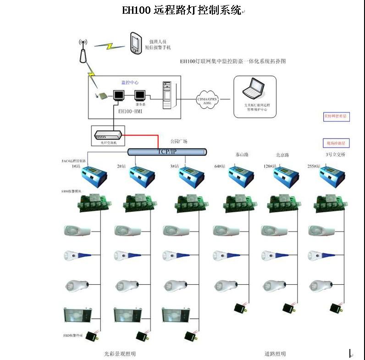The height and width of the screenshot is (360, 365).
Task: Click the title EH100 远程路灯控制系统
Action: click(x=182, y=10)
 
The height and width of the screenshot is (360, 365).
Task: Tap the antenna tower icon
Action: click(x=83, y=51)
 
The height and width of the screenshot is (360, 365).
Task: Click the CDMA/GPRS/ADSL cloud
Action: click(x=207, y=100)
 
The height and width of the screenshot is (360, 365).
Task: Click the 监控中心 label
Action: click(x=130, y=83)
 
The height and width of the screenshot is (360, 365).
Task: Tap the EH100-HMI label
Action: click(x=130, y=111)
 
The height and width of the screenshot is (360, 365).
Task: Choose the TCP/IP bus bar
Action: click(x=167, y=151)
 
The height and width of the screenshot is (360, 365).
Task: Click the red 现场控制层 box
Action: click(x=337, y=144)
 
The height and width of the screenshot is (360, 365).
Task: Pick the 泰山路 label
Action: click(x=242, y=155)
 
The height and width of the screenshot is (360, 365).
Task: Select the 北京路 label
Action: click(x=282, y=155)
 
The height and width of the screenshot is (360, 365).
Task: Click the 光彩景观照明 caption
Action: click(x=120, y=354)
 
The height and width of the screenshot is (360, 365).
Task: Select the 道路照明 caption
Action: click(x=275, y=354)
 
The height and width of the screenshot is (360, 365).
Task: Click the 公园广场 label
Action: click(x=178, y=141)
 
